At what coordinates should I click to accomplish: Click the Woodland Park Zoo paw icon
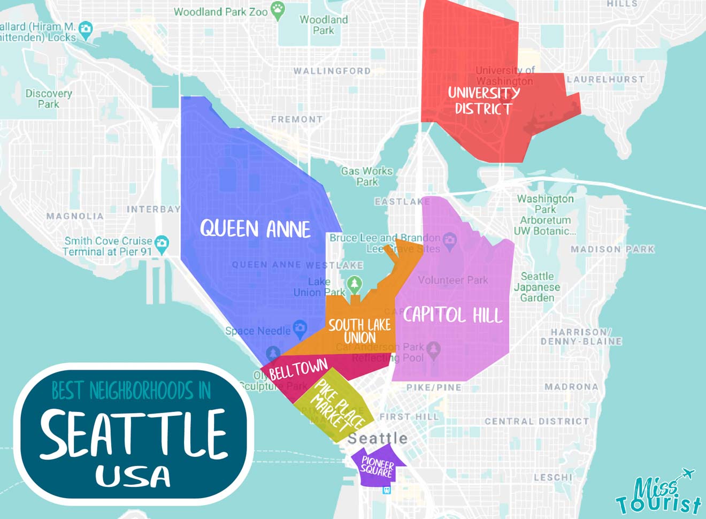point(278,10)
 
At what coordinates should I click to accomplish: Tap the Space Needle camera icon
point(300,327)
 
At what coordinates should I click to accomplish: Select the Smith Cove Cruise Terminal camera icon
point(162,244)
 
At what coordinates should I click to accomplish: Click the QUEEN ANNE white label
point(255,229)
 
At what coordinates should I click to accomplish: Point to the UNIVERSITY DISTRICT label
point(484,101)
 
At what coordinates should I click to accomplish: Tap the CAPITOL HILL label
point(452,315)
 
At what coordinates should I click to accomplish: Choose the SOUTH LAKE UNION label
point(359,331)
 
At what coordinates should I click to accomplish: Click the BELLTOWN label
point(298,369)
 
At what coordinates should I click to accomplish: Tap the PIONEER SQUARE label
point(377,467)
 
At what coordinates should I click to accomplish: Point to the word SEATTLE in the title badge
point(134,433)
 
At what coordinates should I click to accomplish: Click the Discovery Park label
point(49,98)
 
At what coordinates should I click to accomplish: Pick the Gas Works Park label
point(367,177)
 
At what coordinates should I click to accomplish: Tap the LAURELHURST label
point(605,79)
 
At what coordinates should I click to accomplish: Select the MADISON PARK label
point(612,249)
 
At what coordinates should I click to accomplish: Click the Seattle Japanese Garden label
point(538,287)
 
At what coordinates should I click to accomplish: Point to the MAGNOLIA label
point(75,216)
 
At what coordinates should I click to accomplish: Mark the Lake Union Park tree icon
point(354,284)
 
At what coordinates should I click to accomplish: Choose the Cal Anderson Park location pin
point(433,349)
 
